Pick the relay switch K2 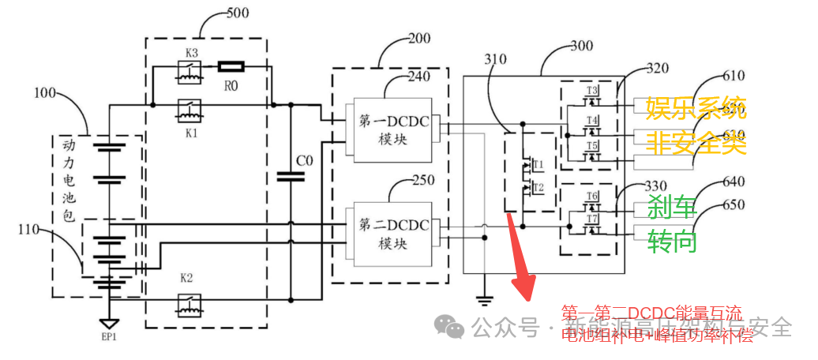click(x=188, y=302)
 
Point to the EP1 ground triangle click(x=108, y=324)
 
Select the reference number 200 click(x=422, y=38)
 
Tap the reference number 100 click(x=44, y=93)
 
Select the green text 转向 click(x=672, y=241)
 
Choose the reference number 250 click(x=422, y=181)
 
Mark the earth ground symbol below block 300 click(x=486, y=299)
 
